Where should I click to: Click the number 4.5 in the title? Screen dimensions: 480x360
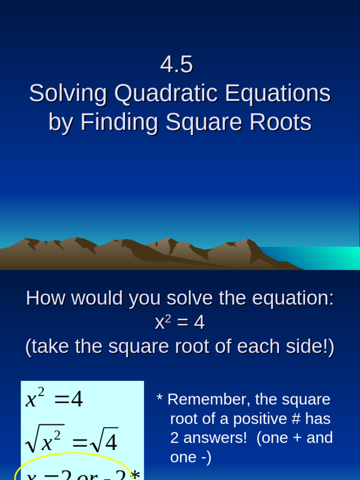tap(177, 65)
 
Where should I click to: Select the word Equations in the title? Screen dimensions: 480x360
tap(278, 93)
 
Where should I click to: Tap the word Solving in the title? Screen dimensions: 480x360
tap(68, 93)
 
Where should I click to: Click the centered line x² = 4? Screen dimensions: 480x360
tap(180, 322)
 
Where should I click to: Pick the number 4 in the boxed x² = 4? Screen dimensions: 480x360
tap(76, 400)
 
